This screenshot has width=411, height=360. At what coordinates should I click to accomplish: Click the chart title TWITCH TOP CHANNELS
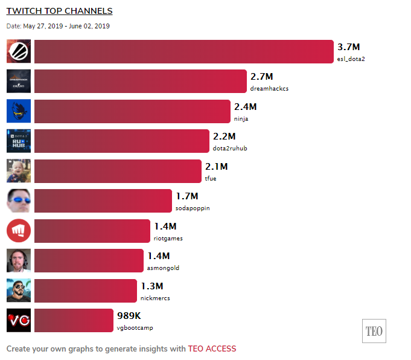pos(59,11)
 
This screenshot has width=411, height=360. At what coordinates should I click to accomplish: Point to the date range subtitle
pos(58,26)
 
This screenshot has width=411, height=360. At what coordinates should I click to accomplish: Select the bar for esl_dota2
pos(183,51)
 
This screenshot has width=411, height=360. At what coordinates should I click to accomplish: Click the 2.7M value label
pos(262,77)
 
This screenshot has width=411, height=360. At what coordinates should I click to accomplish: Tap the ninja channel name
pos(241,118)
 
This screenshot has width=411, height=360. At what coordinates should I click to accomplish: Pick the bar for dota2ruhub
pos(121,141)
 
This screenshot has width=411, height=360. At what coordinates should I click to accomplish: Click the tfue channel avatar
pos(18,171)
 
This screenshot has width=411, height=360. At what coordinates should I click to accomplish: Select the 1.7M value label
pos(187,196)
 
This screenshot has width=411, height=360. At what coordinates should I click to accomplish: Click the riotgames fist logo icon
pos(18,231)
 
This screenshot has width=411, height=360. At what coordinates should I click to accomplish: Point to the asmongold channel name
pos(163,268)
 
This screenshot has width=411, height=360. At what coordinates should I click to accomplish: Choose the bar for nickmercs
pos(86,291)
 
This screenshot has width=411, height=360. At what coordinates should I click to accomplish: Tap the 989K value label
pos(129,315)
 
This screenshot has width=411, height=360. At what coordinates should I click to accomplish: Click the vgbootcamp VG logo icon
pos(18,321)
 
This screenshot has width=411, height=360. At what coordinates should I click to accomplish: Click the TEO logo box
pos(374,331)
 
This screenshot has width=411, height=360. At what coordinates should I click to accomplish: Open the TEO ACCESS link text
pos(212,349)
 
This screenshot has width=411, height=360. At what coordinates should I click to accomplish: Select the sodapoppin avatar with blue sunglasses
pos(18,201)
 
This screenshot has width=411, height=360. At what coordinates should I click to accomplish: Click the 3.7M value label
pos(349,47)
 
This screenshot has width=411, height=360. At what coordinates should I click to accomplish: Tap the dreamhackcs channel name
pos(269,88)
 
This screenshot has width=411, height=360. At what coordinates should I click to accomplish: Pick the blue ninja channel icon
pos(18,111)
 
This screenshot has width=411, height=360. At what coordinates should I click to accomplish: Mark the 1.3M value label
pos(152,286)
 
